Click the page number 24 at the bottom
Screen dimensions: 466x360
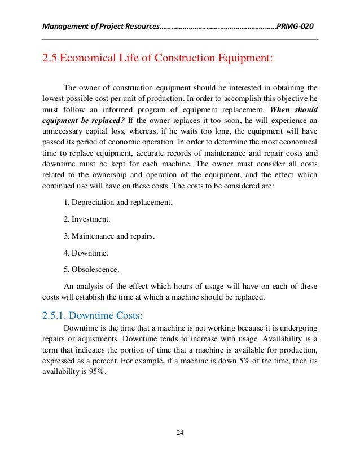[180, 433]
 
